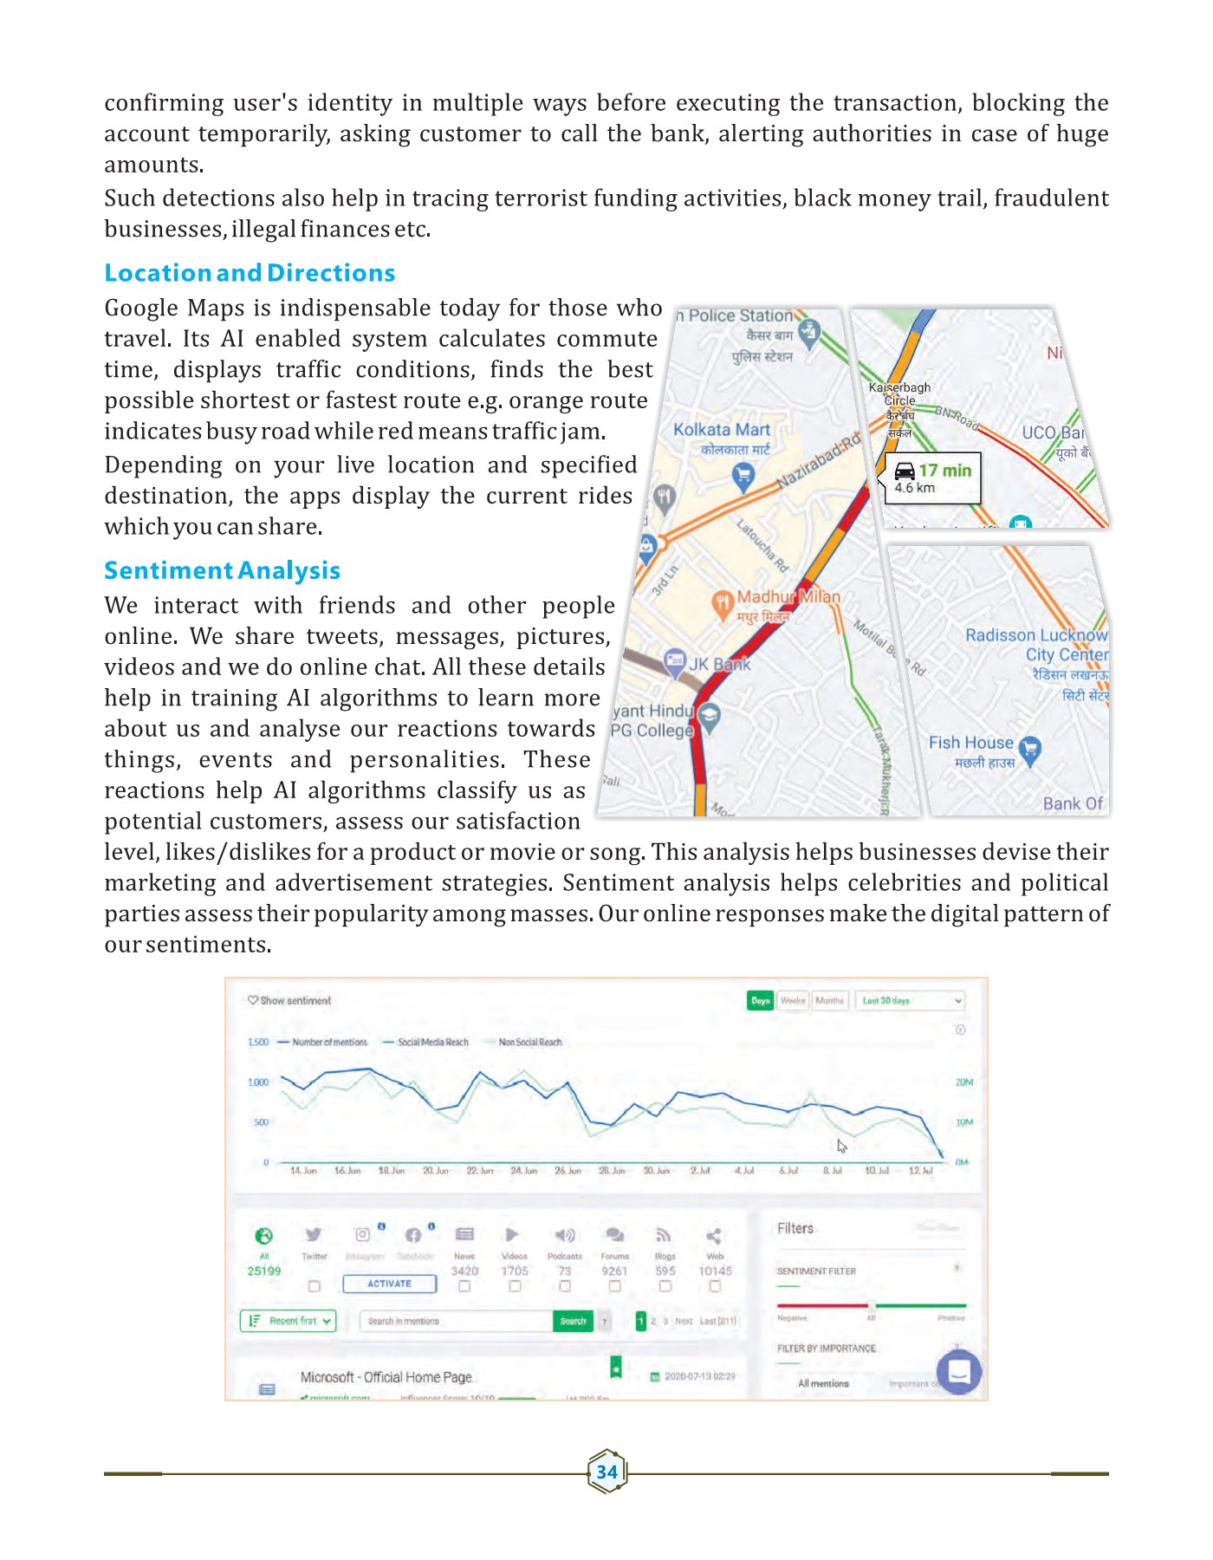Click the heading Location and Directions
[250, 273]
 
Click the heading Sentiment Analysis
[222, 570]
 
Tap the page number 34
[606, 1472]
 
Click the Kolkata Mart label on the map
[722, 430]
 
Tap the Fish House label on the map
[970, 743]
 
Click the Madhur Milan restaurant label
[788, 597]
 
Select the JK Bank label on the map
[719, 665]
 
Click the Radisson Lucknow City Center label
[1036, 645]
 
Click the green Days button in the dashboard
[760, 1000]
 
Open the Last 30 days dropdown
[910, 1000]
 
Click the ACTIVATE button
[389, 1284]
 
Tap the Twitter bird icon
[314, 1234]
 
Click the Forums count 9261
[614, 1271]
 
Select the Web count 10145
[715, 1271]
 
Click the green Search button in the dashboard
[573, 1321]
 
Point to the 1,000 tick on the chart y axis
[258, 1082]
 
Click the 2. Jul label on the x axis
[700, 1170]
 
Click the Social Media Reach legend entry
[432, 1042]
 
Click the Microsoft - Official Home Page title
[386, 1377]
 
